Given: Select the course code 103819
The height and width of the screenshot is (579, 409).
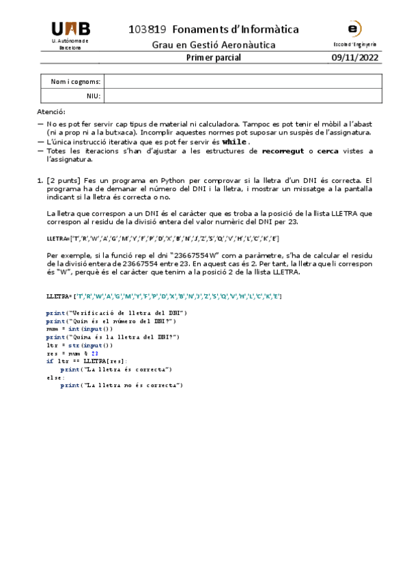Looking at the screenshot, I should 147,29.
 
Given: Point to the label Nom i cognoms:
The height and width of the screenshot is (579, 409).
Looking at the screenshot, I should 76,82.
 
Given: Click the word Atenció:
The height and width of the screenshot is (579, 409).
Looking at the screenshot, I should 51,111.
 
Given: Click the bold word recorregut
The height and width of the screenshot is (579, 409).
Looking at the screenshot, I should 283,150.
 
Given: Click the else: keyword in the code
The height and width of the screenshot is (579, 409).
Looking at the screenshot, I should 56,377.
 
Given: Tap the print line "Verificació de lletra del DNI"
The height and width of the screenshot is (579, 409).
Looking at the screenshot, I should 117,312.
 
